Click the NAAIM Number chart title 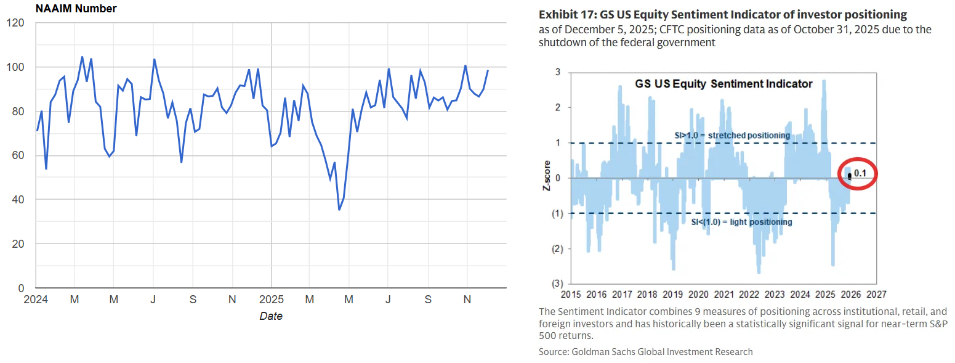point(76,9)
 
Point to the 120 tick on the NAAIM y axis point(15,23)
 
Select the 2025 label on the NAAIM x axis point(271,300)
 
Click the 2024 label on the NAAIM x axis point(37,300)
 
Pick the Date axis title point(271,316)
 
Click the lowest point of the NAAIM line point(339,210)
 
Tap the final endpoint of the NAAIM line point(488,70)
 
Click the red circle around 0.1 point(858,174)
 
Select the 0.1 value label point(860,173)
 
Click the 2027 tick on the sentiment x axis point(876,294)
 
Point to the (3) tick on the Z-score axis point(557,283)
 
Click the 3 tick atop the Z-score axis point(558,72)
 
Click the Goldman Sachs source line point(645,351)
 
